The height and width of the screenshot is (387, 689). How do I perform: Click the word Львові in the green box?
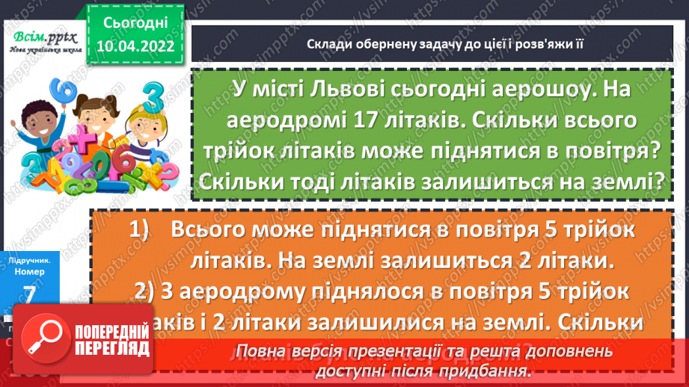pyautogui.click(x=343, y=89)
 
